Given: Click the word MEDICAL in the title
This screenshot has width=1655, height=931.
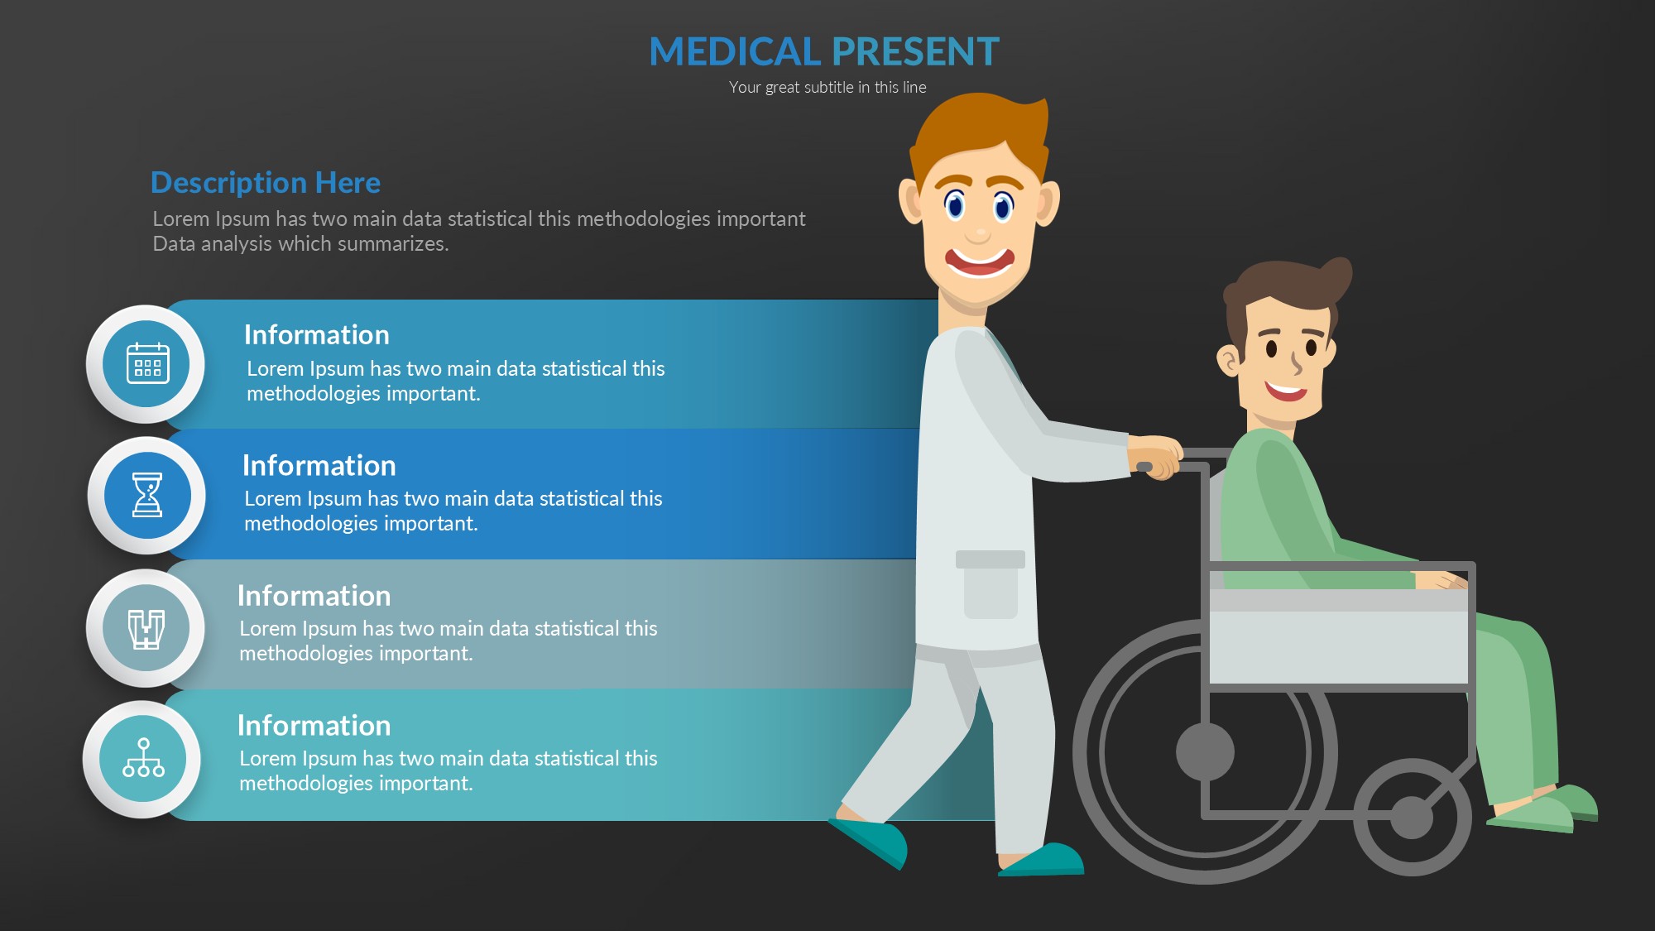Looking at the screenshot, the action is [x=734, y=51].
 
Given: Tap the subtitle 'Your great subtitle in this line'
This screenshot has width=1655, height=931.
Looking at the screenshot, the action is [x=827, y=87].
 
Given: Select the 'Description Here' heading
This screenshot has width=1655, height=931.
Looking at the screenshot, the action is [x=266, y=182].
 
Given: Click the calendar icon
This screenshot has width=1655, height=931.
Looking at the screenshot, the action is [x=148, y=363].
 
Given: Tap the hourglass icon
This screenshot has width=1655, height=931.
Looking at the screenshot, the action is [x=147, y=495].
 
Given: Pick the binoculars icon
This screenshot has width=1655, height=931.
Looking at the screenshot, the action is [x=146, y=629].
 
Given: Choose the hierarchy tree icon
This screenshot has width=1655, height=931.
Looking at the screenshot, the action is [x=143, y=758].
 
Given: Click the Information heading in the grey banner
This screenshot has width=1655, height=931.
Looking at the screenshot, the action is [x=314, y=596].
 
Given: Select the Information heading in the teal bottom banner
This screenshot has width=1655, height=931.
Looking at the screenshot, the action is [x=314, y=726].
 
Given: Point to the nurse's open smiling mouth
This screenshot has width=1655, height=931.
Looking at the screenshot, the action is [x=980, y=262].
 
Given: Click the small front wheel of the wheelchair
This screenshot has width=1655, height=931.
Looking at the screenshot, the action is [x=1412, y=818].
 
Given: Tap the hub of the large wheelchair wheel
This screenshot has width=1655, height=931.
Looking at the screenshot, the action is [x=1205, y=752].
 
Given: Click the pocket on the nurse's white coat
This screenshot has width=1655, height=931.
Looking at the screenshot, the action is [x=991, y=584].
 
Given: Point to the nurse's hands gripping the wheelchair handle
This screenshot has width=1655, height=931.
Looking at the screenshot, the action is [x=1156, y=457].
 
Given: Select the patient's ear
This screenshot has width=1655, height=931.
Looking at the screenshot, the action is [x=1229, y=361].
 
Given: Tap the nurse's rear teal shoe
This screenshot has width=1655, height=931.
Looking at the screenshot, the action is [x=869, y=842].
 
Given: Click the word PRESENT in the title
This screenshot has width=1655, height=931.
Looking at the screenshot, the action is [x=914, y=51].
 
